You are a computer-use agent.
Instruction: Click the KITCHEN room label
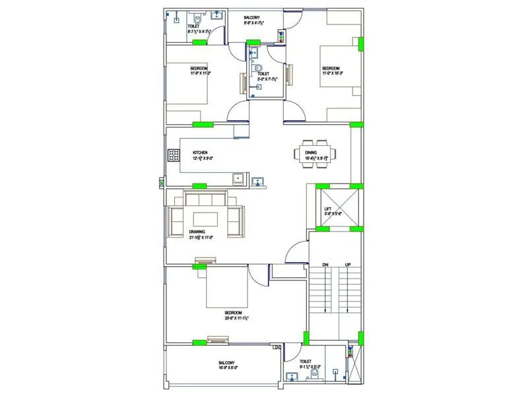point(201,152)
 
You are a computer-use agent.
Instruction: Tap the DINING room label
point(312,153)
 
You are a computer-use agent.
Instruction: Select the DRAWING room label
point(197,232)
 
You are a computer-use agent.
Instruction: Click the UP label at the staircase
point(348,265)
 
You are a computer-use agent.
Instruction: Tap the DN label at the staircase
point(325,265)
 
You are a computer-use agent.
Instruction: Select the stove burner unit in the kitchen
point(174,156)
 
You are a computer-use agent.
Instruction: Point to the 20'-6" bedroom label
point(234,313)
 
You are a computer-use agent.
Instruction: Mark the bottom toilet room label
point(305,362)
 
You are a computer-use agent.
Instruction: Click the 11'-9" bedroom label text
point(199,69)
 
